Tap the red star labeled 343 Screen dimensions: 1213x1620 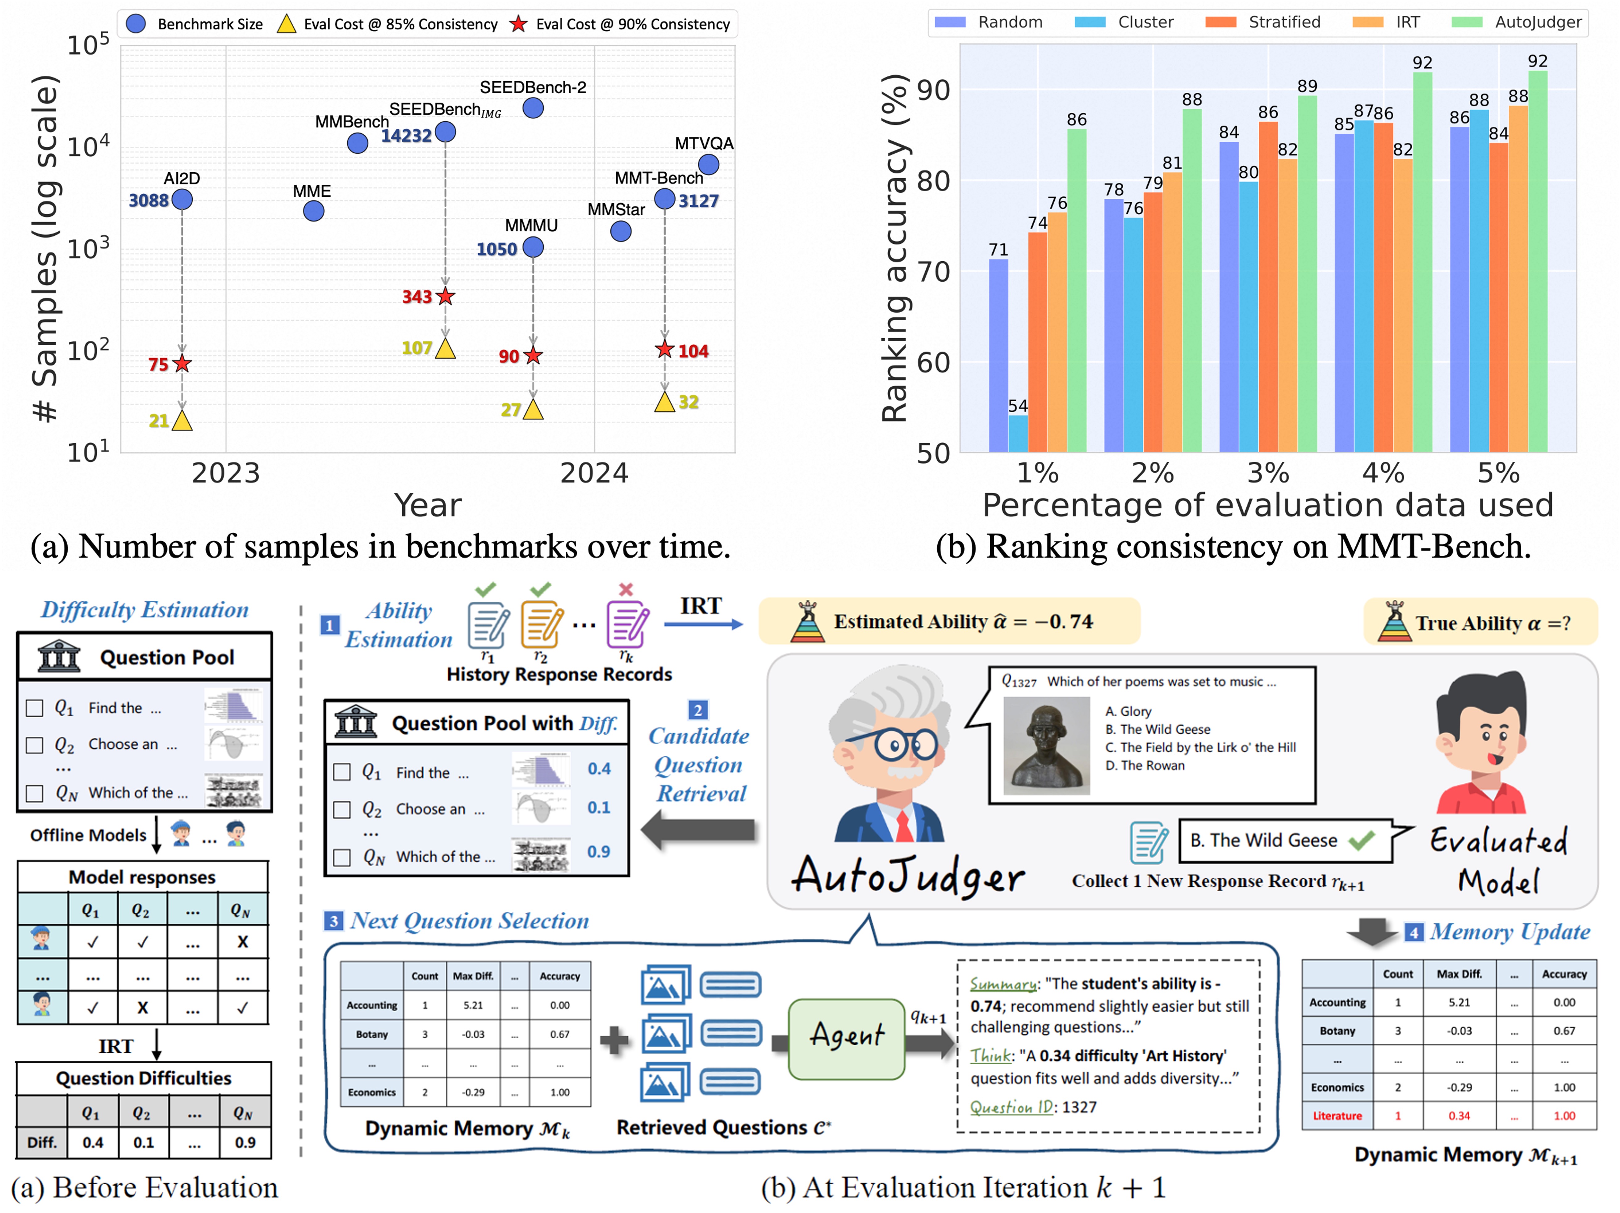pyautogui.click(x=445, y=297)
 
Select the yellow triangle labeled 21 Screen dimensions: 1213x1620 pyautogui.click(x=182, y=420)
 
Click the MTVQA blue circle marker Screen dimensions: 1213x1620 pyautogui.click(x=708, y=165)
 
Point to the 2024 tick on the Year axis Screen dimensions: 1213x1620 pyautogui.click(x=594, y=473)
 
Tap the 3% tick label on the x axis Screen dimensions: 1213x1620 pyautogui.click(x=1268, y=473)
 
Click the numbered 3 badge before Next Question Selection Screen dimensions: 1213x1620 pyautogui.click(x=333, y=921)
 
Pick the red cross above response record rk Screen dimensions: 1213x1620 pyautogui.click(x=626, y=589)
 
